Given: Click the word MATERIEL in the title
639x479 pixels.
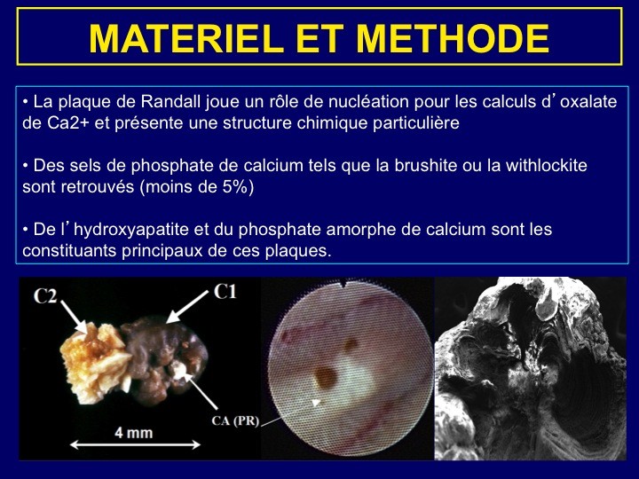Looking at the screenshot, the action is (185, 38).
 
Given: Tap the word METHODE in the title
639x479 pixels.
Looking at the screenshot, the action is (453, 38).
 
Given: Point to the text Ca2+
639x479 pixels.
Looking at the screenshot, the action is (67, 122).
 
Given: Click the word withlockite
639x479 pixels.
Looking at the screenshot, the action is (546, 165).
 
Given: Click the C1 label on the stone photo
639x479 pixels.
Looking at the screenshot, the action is (225, 292).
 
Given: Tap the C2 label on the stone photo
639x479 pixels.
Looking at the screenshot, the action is (45, 296).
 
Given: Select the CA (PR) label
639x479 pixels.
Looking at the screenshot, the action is (235, 420).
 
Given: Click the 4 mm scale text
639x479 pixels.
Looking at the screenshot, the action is (134, 433).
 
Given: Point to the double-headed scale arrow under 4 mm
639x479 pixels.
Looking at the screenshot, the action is (135, 444).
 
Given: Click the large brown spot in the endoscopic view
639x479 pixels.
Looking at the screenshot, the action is (325, 377).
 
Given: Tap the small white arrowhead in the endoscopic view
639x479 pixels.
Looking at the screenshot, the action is (316, 403).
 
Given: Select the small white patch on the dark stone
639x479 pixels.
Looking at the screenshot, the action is (179, 369).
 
